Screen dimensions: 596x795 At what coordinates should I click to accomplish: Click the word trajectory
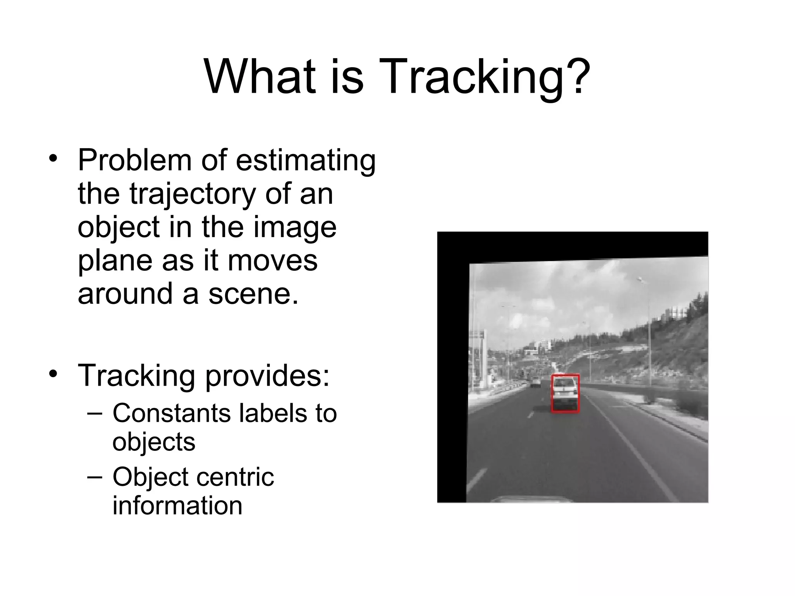(193, 194)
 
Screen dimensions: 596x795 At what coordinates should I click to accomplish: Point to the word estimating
(306, 161)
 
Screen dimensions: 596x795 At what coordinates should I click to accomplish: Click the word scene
(253, 294)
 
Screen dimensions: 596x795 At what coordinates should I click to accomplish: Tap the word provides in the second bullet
(267, 376)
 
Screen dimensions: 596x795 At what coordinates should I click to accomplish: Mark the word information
(177, 506)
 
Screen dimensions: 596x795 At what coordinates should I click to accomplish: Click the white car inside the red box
(565, 394)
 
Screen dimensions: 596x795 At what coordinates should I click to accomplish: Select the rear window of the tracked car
(564, 383)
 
